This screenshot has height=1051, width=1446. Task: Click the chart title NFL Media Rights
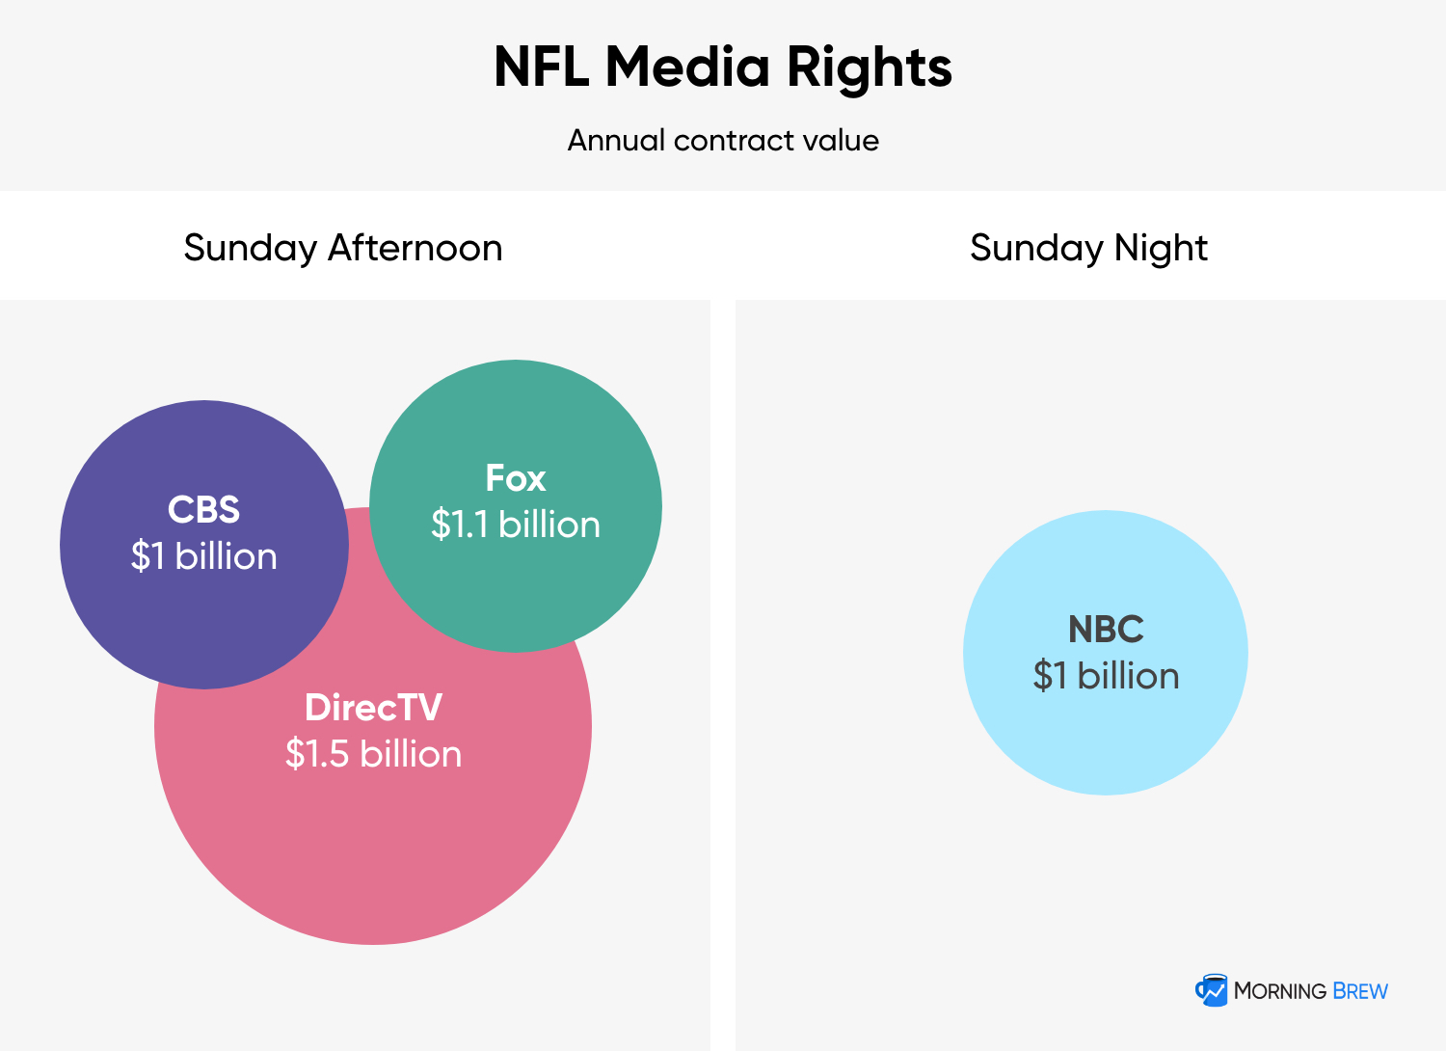[x=722, y=67]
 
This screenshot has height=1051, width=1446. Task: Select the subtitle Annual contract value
[x=723, y=140]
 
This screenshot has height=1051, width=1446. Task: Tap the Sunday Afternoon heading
[x=343, y=249]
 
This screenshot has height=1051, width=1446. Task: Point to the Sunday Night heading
[x=1088, y=249]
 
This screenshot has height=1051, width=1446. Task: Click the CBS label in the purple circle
[x=203, y=509]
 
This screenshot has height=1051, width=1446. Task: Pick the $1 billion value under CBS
[x=204, y=555]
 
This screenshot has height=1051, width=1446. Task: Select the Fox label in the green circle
[x=515, y=477]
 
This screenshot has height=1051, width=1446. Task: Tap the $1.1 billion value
[x=515, y=524]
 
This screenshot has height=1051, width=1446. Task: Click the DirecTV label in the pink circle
[x=373, y=707]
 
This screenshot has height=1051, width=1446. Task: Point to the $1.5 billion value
[x=373, y=753]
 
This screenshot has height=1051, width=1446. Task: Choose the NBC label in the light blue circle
[x=1106, y=629]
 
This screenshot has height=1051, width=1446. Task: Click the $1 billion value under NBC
[x=1106, y=675]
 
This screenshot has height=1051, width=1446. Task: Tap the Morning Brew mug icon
[x=1211, y=990]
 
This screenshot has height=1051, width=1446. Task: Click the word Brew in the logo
[x=1359, y=991]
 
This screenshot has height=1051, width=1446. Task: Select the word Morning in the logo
[x=1279, y=991]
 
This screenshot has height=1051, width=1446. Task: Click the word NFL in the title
[x=542, y=67]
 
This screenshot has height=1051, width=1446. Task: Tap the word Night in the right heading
[x=1161, y=249]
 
